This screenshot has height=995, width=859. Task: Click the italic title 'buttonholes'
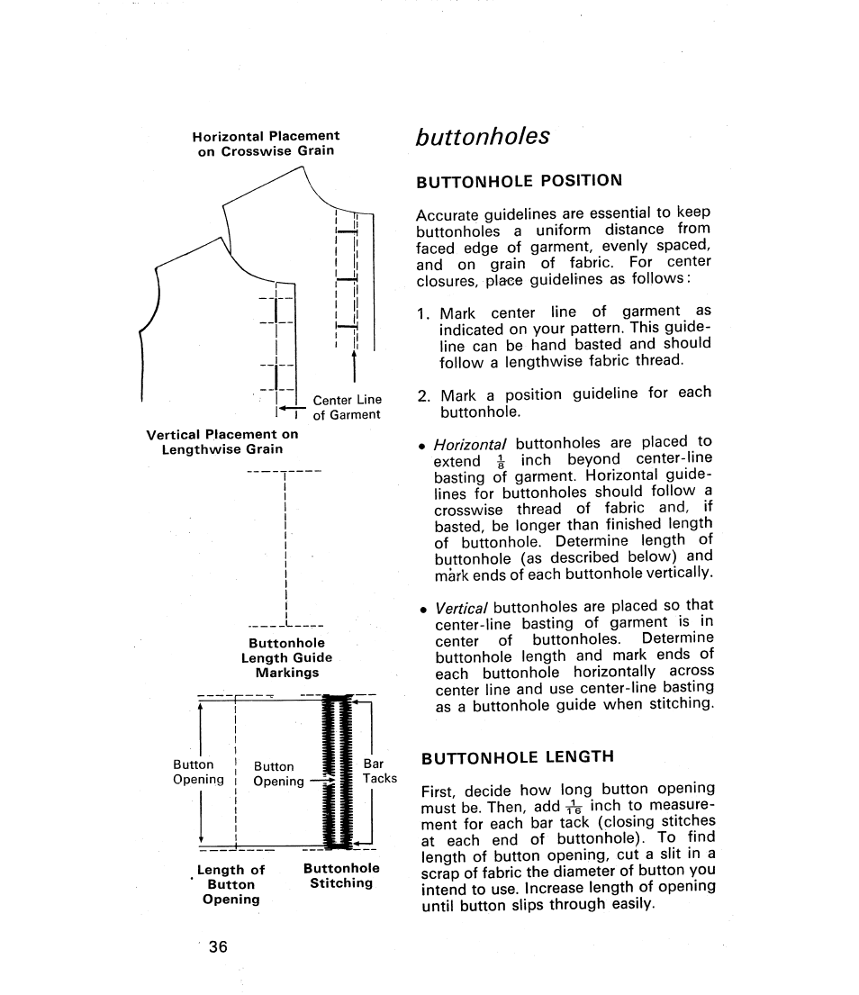point(482,136)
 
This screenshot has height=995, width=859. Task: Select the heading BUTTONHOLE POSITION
point(519,179)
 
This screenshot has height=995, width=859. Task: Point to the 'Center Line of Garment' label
point(347,407)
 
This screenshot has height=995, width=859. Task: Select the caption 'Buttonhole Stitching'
point(341,875)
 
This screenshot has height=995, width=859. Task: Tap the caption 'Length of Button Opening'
point(231,883)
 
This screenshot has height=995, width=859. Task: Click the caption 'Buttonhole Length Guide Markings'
point(286,657)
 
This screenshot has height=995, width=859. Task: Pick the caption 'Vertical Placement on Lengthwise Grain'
point(222,441)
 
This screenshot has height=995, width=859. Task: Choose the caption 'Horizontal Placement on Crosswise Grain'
point(266,143)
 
